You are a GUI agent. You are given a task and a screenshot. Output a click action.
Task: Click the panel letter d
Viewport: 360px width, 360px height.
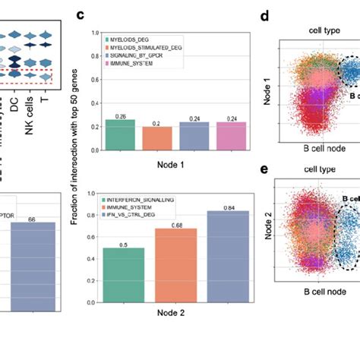[264, 14]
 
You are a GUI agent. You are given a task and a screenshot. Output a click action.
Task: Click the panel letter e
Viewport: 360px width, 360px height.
[264, 169]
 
